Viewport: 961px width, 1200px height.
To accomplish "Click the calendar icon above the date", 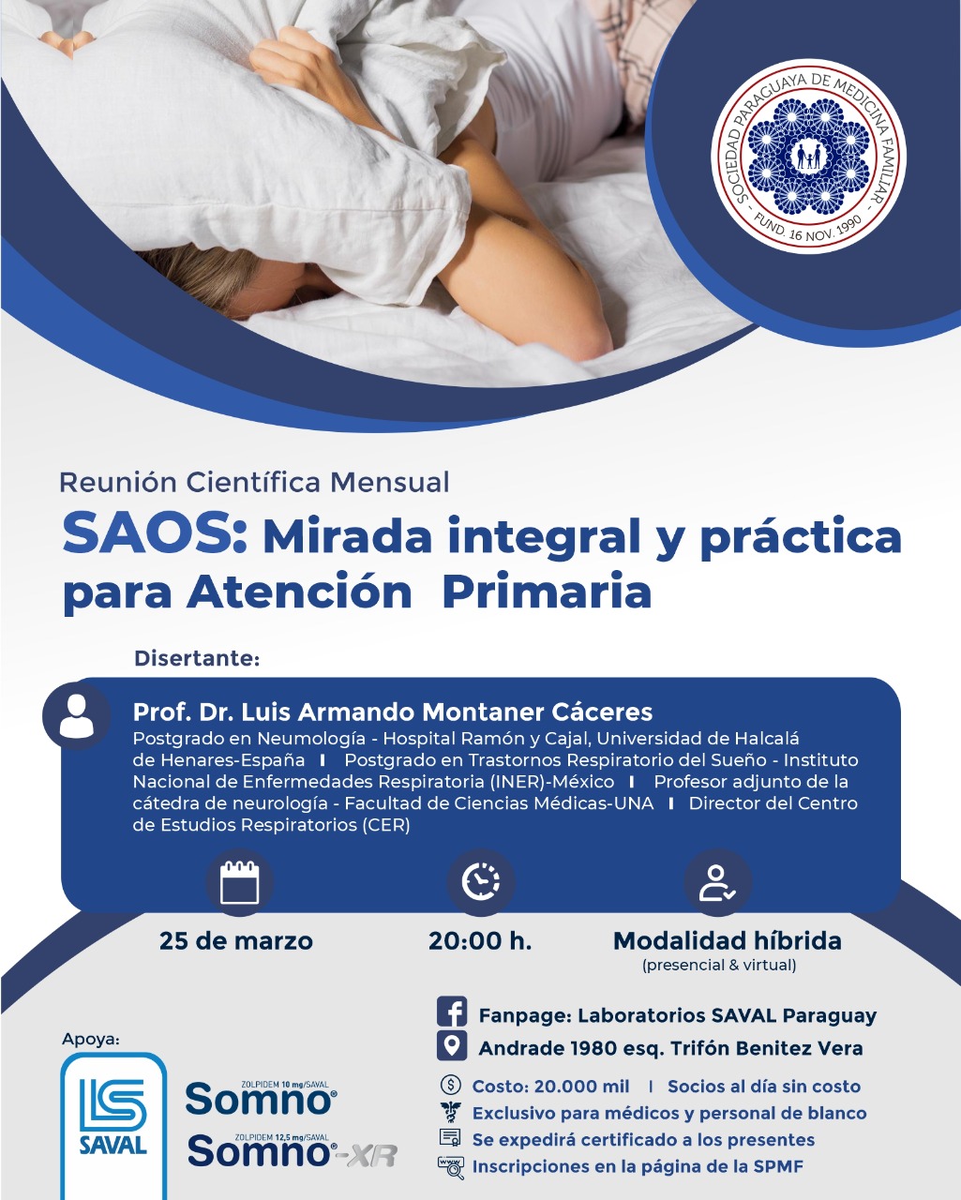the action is [240, 882].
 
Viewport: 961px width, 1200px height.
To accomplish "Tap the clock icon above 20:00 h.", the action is [481, 882].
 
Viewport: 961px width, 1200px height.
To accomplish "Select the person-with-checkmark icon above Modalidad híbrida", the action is [718, 882].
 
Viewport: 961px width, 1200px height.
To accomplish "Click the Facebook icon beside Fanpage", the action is [452, 1012].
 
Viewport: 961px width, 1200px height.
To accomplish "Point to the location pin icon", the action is [452, 1045].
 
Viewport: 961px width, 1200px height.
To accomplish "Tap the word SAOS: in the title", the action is [155, 535].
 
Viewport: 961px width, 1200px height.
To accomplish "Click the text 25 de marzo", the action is [236, 941].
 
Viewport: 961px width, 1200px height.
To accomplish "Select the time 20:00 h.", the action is [480, 941].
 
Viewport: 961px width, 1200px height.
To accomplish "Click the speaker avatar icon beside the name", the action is [77, 716].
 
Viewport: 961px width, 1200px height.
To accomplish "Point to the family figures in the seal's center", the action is [808, 157].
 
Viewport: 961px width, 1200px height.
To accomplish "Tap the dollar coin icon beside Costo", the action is [451, 1085].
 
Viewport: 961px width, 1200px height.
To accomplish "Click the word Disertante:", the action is [197, 658].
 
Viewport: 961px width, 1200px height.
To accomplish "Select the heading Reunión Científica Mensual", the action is [254, 483].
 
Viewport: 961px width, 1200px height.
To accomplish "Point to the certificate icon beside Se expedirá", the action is [451, 1137].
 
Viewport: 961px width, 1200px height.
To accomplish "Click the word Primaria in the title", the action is [547, 592].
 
